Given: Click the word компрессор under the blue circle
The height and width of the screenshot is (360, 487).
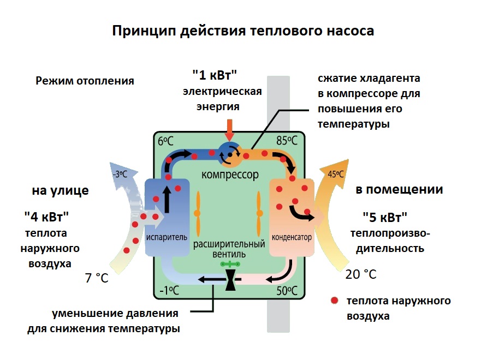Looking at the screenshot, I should [229, 175].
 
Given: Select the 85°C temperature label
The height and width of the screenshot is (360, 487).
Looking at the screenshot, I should [287, 140].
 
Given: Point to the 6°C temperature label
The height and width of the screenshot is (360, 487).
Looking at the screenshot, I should [166, 140].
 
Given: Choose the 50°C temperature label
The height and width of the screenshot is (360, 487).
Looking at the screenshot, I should [287, 290].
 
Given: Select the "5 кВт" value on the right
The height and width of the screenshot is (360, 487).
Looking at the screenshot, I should [385, 217].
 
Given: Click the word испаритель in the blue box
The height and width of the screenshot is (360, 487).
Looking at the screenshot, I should [167, 237].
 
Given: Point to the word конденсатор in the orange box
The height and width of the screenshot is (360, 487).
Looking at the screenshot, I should [292, 238].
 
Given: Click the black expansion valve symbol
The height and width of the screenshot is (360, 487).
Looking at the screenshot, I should [230, 280].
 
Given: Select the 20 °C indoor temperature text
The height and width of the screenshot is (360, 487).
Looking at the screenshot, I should [361, 274].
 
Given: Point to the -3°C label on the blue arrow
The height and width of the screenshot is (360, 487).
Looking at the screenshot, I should [120, 175].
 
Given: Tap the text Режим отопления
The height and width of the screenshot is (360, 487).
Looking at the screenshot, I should [85, 81].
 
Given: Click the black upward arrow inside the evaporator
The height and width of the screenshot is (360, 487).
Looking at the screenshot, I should [165, 201].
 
